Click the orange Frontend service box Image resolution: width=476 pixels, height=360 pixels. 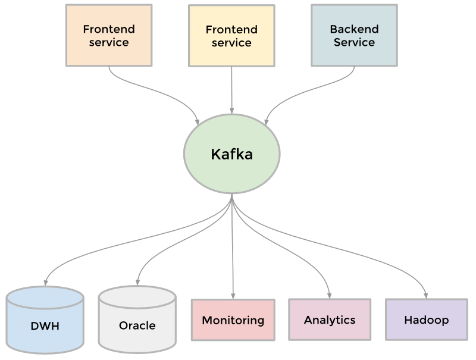(x=108, y=35)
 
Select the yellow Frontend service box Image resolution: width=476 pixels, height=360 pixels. (x=231, y=36)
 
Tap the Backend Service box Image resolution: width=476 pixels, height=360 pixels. (x=354, y=35)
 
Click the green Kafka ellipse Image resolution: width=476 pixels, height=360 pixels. (x=231, y=154)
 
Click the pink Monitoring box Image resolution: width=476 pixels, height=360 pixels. (x=233, y=320)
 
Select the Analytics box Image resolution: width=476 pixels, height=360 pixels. (x=329, y=320)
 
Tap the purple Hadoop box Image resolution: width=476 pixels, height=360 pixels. (x=426, y=320)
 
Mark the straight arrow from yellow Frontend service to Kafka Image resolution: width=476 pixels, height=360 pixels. (x=231, y=89)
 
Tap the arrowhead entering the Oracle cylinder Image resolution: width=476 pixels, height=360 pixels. (x=138, y=281)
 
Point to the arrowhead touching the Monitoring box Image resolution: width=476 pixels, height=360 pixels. (x=233, y=295)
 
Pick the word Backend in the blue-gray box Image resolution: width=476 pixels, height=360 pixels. (x=354, y=29)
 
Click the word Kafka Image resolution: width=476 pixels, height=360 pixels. (x=231, y=154)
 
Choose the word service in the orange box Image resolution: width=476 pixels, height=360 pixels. (x=108, y=42)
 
